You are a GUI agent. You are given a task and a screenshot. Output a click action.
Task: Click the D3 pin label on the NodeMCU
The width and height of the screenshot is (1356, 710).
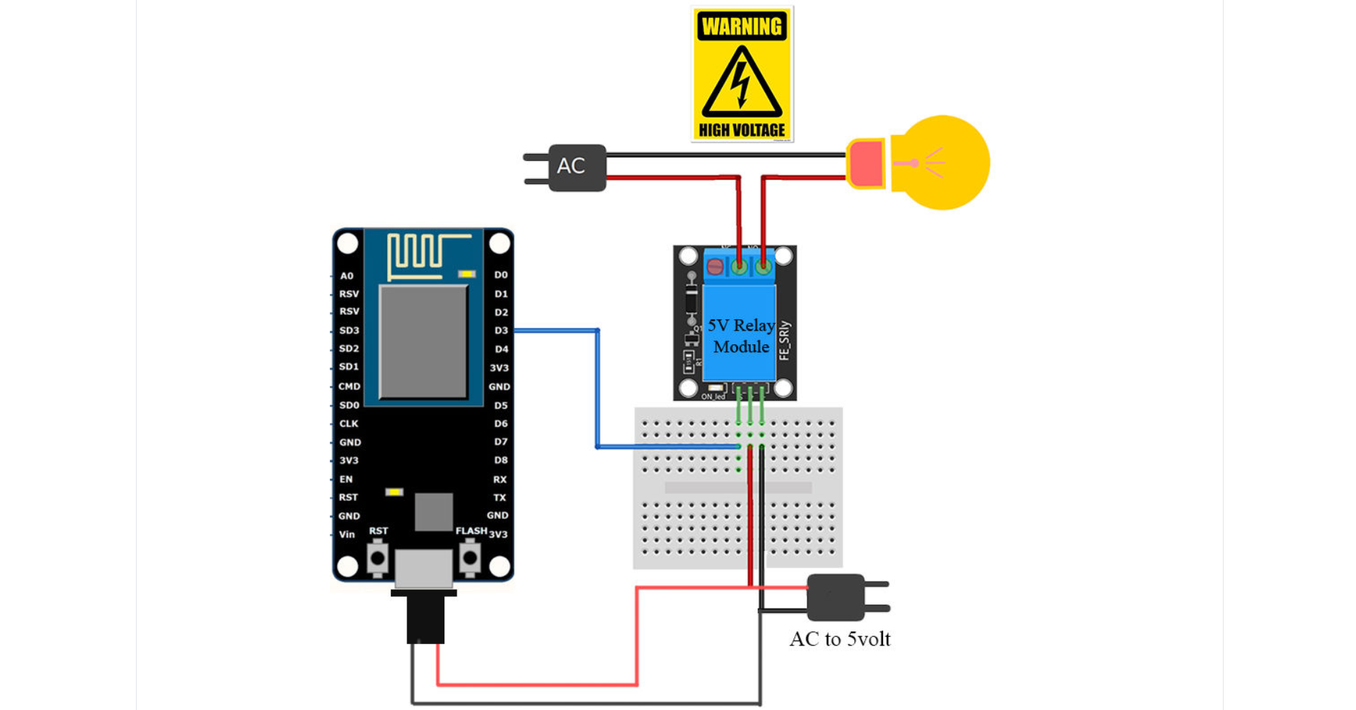[x=501, y=331]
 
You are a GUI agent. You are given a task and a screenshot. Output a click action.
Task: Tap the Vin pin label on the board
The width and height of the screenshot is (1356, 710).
[x=347, y=534]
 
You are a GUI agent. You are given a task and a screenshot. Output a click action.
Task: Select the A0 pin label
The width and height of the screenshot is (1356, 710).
[x=347, y=276]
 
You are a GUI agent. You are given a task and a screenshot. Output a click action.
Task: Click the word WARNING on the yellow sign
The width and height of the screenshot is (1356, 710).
[x=742, y=27]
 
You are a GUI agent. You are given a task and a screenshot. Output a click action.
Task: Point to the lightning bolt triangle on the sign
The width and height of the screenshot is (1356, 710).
[x=742, y=84]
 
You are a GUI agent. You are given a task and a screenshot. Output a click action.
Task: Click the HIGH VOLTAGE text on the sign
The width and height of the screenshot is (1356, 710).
[x=742, y=130]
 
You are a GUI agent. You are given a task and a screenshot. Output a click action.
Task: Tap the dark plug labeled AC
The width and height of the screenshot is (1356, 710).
[x=577, y=167]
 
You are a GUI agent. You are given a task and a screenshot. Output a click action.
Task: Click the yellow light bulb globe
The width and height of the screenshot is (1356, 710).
[x=943, y=163]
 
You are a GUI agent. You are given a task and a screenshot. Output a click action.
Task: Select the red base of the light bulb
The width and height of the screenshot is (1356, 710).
[x=867, y=163]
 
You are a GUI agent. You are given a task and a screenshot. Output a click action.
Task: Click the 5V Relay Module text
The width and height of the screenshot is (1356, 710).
[x=741, y=336]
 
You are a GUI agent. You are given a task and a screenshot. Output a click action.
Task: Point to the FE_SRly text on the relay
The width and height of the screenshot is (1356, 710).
[x=785, y=340]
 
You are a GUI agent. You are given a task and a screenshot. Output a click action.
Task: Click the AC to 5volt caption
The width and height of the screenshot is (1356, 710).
[x=840, y=639]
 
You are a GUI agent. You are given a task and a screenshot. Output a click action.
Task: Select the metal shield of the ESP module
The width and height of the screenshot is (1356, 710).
[x=423, y=341]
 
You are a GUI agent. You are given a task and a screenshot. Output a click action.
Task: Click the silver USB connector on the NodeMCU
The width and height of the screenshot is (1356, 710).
[x=424, y=569]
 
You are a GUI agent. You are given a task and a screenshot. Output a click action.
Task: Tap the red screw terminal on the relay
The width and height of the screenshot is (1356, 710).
[x=715, y=267]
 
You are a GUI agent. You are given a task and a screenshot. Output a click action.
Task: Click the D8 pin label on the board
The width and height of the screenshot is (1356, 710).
[x=501, y=460]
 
